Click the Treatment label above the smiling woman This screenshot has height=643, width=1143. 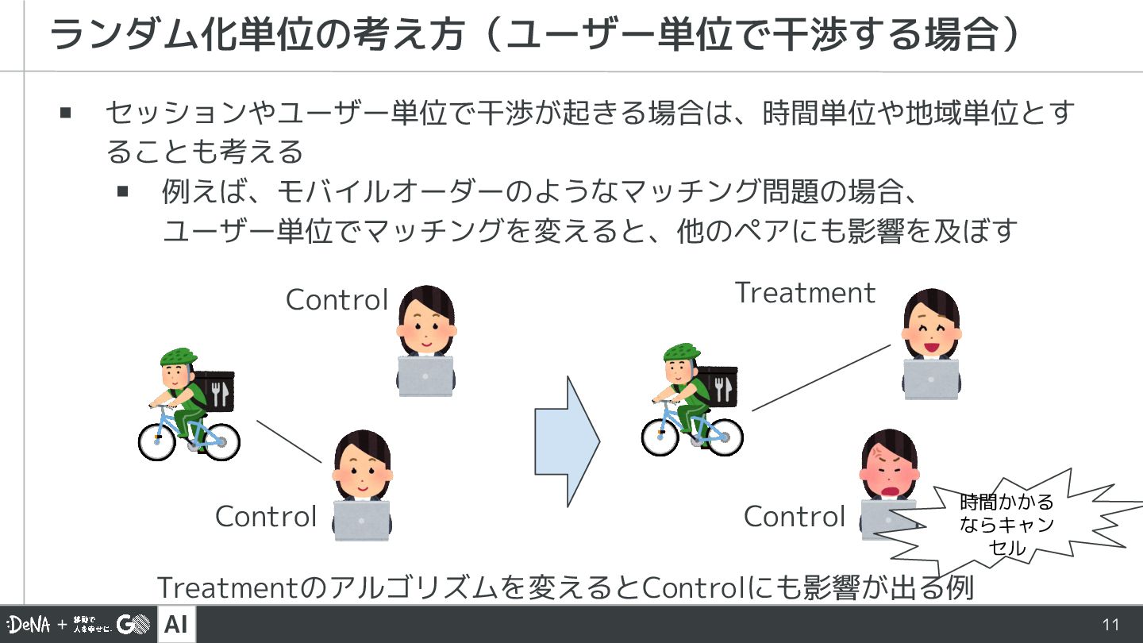pos(805,293)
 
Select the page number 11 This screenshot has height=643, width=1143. pos(1110,625)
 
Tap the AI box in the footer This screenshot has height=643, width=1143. pos(176,625)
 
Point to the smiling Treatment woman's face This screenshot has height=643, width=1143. pos(931,334)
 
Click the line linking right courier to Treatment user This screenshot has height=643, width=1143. pos(822,377)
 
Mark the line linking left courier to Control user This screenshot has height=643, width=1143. pos(289,441)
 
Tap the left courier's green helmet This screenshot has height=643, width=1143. pos(178,356)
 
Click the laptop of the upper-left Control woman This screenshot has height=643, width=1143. pos(425,376)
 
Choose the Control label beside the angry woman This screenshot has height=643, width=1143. pos(795,517)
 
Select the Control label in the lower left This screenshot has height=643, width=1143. pos(266,517)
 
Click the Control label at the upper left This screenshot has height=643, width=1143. pos(337,300)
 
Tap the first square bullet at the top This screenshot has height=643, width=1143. pos(66,113)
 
